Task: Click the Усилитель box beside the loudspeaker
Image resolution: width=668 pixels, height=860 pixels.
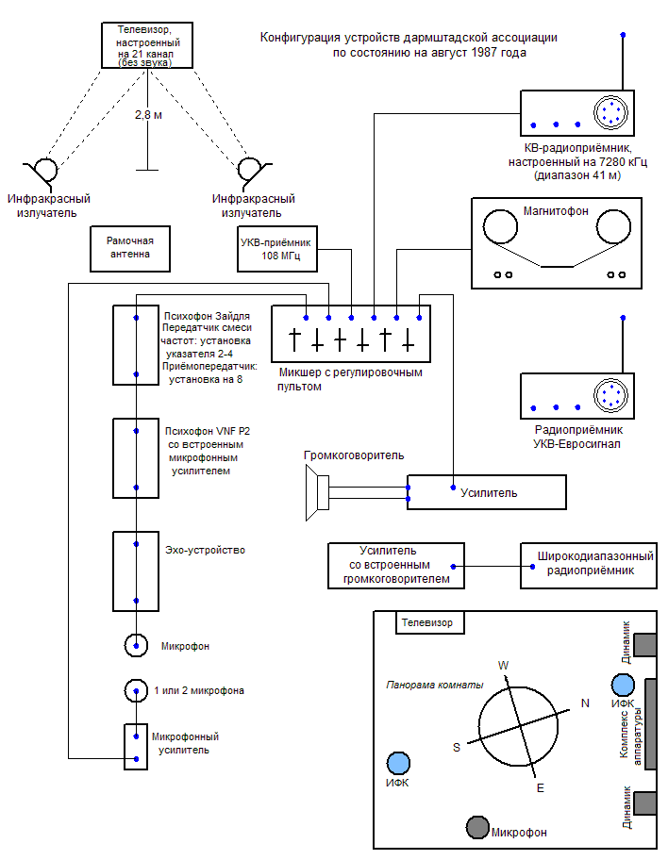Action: (487, 492)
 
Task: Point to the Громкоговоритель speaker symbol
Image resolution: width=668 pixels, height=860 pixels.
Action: (316, 492)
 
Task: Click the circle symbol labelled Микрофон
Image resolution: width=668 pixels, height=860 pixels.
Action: (137, 645)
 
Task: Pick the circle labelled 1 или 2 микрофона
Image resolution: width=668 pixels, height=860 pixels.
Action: (137, 690)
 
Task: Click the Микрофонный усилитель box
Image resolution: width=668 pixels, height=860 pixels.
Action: (137, 747)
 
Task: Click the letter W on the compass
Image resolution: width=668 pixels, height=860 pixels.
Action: (503, 666)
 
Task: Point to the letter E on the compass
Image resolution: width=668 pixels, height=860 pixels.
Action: (540, 787)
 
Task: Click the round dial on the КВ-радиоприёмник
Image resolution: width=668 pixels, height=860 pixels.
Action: (610, 112)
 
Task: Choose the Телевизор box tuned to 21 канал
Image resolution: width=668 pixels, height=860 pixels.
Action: (148, 44)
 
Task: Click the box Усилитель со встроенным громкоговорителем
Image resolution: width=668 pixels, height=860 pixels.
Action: (395, 565)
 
